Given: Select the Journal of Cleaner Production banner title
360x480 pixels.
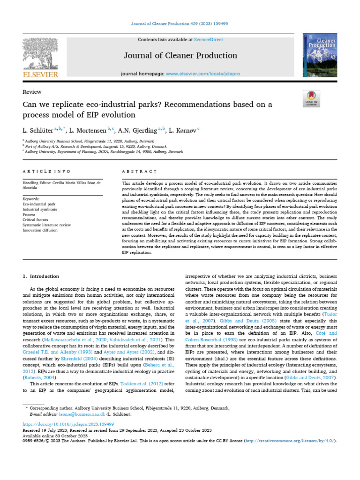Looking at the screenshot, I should (180, 56).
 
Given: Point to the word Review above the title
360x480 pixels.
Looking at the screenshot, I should (32, 92).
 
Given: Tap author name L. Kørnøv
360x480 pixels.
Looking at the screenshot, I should (183, 128).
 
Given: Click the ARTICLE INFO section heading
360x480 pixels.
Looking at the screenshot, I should (47, 172).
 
